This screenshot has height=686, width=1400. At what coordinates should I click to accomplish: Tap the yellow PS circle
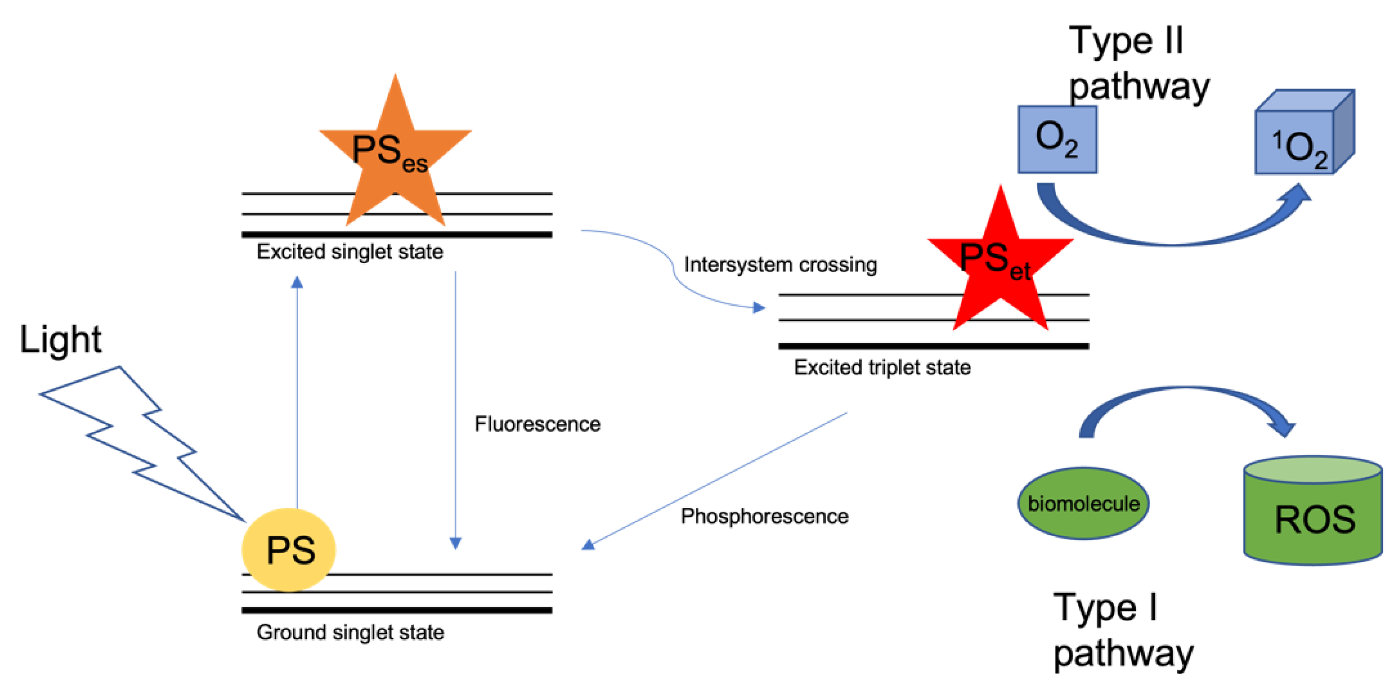tap(289, 549)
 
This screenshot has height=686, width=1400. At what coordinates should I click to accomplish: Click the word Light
tap(60, 340)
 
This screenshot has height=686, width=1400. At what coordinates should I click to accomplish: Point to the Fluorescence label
tap(537, 424)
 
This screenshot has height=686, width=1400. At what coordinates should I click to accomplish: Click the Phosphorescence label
tap(764, 516)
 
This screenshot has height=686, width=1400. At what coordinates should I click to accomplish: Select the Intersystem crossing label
tap(780, 265)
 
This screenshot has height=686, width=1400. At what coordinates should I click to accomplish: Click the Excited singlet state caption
tap(350, 252)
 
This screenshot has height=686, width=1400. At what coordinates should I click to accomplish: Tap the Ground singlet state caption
tap(350, 632)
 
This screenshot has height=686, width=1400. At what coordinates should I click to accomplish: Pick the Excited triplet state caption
tap(881, 368)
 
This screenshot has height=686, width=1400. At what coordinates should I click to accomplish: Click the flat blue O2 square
tap(1057, 140)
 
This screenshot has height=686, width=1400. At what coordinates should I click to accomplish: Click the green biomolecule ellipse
tap(1083, 503)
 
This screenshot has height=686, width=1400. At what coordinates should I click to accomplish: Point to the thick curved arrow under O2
tap(1169, 234)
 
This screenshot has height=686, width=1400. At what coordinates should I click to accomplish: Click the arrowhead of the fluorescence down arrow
tap(455, 542)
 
